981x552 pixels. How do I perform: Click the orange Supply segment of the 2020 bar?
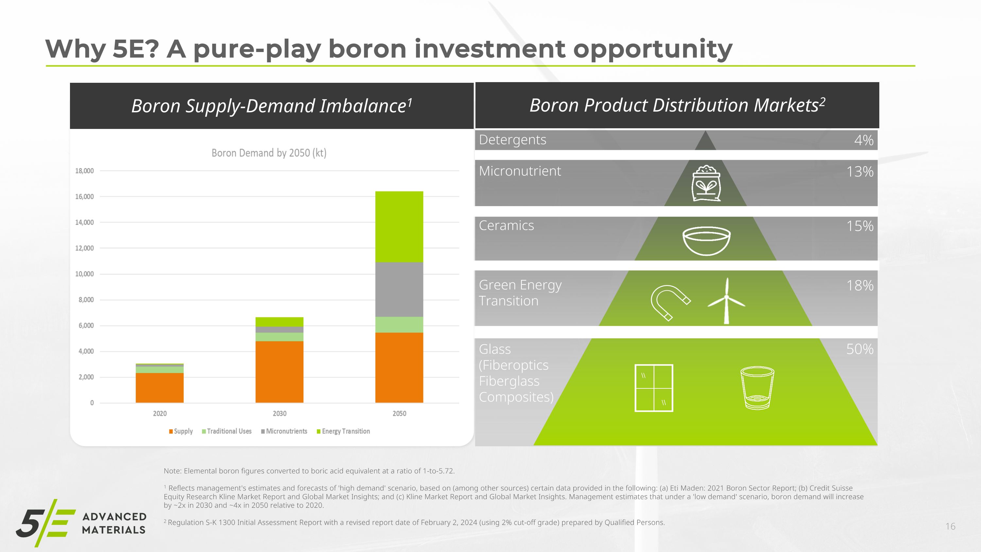pyautogui.click(x=160, y=387)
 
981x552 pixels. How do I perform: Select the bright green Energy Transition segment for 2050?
pyautogui.click(x=399, y=227)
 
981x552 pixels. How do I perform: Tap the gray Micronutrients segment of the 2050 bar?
pyautogui.click(x=399, y=290)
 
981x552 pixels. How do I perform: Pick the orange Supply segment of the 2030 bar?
pyautogui.click(x=279, y=372)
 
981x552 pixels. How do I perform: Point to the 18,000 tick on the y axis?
pyautogui.click(x=84, y=171)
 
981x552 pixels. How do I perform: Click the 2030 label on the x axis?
pyautogui.click(x=280, y=413)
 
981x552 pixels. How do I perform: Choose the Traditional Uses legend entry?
pyautogui.click(x=227, y=431)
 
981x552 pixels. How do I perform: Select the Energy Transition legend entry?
pyautogui.click(x=343, y=431)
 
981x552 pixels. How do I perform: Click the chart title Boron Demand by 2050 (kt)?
pyautogui.click(x=269, y=153)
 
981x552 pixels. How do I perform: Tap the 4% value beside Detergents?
pyautogui.click(x=864, y=140)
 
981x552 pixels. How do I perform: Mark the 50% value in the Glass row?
pyautogui.click(x=860, y=349)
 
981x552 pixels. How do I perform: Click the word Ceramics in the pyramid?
pyautogui.click(x=506, y=225)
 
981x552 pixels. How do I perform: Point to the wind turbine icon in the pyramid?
pyautogui.click(x=726, y=301)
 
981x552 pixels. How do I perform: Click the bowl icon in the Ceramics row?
pyautogui.click(x=706, y=241)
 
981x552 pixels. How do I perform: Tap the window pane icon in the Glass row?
pyautogui.click(x=654, y=388)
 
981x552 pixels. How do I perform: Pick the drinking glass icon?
pyautogui.click(x=757, y=388)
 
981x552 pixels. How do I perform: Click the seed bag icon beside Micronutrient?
pyautogui.click(x=706, y=183)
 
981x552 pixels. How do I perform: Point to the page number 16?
pyautogui.click(x=950, y=526)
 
